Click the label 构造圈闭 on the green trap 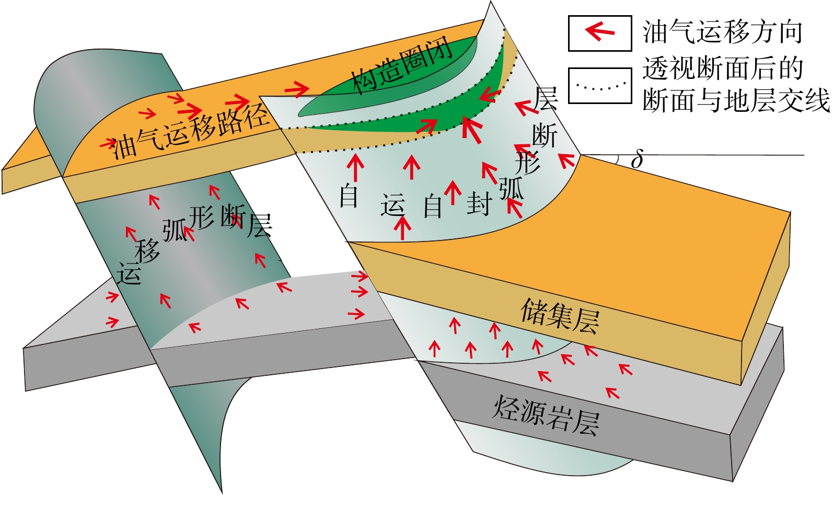pos(401,67)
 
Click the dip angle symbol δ pos(637,159)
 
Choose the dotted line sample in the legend pos(600,86)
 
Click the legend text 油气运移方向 pos(722,32)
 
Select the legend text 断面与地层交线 pos(736,100)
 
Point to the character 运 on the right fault pos(392,205)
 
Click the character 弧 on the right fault pos(511,188)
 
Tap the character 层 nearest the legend pos(546,99)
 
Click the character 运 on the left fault pos(129,273)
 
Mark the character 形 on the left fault pos(201,217)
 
